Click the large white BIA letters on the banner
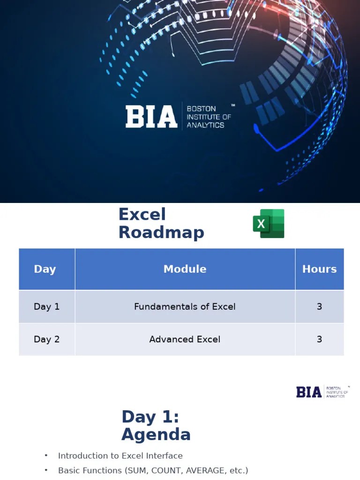151,117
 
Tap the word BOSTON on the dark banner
201,109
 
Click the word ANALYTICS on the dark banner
205,125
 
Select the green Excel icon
269,224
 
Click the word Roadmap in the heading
161,232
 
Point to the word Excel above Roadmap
142,214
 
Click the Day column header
45,269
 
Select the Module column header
185,269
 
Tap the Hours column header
319,269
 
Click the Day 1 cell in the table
46,307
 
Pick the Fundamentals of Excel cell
185,307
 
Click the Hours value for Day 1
319,307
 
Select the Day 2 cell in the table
46,339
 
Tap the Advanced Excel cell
185,339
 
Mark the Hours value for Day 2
319,339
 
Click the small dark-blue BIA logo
309,392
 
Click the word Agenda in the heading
156,435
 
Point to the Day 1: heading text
150,417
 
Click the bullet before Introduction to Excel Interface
46,456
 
